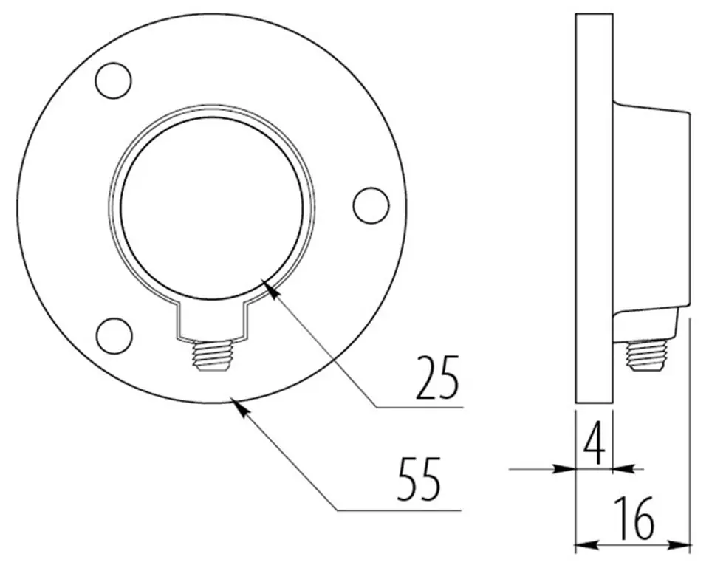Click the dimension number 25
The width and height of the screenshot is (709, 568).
click(x=437, y=378)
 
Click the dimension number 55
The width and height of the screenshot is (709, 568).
click(x=419, y=479)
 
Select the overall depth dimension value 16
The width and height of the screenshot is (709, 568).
click(x=634, y=519)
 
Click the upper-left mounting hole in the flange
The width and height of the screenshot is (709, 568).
click(x=114, y=81)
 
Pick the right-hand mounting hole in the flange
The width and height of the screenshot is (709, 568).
click(x=371, y=205)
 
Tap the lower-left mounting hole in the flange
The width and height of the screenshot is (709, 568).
click(x=114, y=335)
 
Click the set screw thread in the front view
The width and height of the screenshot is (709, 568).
click(x=212, y=356)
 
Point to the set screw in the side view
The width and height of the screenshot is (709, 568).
click(x=647, y=356)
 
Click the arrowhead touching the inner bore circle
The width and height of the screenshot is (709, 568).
click(x=270, y=289)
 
